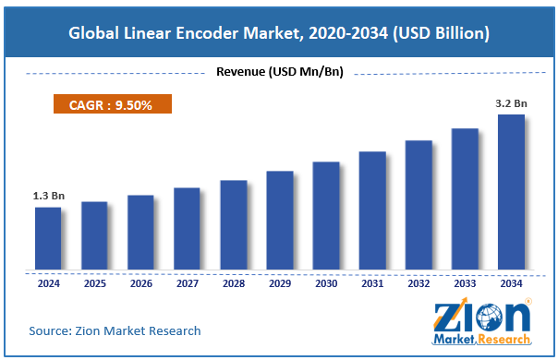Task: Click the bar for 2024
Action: coord(48,238)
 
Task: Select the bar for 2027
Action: coord(187,229)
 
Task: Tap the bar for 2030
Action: coord(325,216)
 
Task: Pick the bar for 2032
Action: coord(418,205)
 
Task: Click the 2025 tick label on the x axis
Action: coord(94,285)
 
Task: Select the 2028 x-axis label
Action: coord(233,285)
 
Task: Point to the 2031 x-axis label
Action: coord(371,285)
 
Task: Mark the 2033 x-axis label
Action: coord(464,285)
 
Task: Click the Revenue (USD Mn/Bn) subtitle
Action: coord(279,72)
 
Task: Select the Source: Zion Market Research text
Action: coord(115,330)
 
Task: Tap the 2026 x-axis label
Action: coord(140,285)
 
